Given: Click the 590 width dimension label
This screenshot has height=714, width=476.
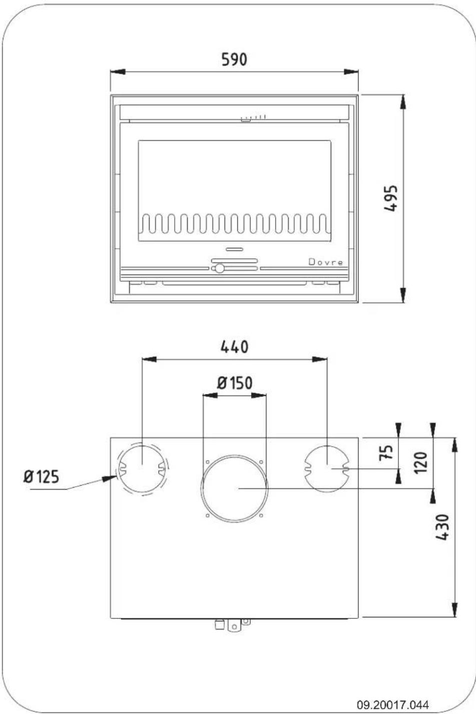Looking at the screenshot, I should coord(234,60).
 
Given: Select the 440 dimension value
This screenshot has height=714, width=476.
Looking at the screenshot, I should coord(234,346).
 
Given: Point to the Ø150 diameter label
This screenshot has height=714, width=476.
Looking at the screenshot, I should coord(234,383).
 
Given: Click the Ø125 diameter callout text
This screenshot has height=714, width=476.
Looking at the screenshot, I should coord(41,476).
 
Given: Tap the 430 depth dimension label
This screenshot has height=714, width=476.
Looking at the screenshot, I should coord(442,527).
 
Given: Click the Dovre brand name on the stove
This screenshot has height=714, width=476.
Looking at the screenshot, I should coord(326,262).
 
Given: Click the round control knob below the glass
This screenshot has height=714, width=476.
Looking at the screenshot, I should coord(219,268).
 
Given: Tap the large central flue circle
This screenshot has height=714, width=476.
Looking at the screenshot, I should coord(234,488).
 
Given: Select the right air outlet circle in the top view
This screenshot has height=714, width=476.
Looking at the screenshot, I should coord(326,468).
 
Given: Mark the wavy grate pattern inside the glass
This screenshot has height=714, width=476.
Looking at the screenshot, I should coord(234,224).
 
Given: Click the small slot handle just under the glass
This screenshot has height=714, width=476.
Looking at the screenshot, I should coord(234,249).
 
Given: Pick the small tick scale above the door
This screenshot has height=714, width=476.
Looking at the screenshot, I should coord(254,117).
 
